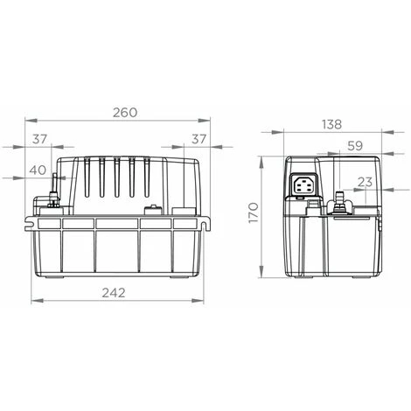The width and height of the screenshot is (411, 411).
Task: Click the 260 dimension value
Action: coord(125,113)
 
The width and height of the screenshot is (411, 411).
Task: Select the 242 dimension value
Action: coord(114,293)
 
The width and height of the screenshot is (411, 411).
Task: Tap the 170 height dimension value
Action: coord(254,212)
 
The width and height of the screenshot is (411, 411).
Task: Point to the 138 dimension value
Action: coord(331,124)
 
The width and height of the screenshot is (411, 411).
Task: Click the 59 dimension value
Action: coord(355,146)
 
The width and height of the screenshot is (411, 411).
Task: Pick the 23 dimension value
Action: coord(365,182)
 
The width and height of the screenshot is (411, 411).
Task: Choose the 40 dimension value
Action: coord(38,170)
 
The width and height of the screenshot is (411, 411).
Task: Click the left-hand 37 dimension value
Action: coord(39,139)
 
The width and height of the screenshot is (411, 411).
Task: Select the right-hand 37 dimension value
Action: coord(199,139)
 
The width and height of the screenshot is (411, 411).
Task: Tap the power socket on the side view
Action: coord(303,185)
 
